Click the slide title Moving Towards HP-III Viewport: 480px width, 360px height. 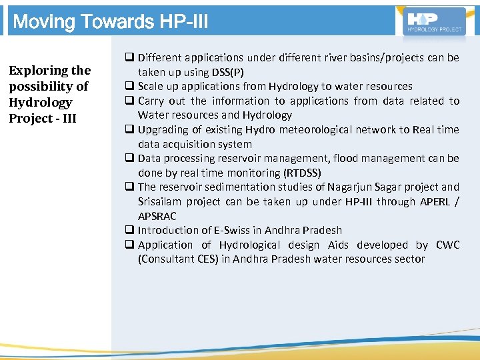pos(111,22)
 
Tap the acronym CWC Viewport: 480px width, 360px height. pos(447,245)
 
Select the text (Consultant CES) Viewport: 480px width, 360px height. pos(177,259)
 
